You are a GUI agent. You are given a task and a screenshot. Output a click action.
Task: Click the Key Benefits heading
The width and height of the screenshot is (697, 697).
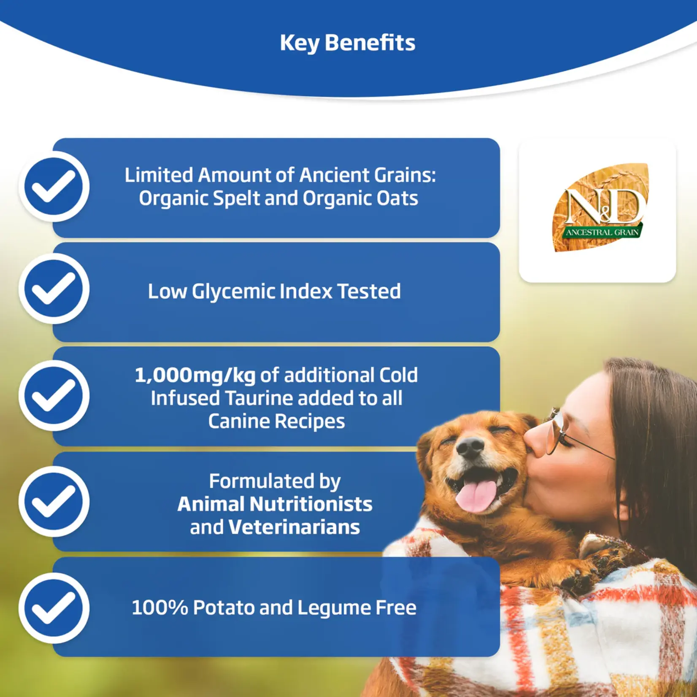tap(348, 43)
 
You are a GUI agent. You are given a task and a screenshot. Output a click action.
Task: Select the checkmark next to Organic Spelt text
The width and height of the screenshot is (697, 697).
tap(54, 186)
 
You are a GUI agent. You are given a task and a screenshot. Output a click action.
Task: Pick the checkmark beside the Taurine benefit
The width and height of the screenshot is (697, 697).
tap(54, 395)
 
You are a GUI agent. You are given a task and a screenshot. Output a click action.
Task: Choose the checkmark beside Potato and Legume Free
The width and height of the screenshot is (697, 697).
tap(54, 608)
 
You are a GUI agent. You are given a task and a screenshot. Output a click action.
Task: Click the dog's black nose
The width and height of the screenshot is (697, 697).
tap(470, 448)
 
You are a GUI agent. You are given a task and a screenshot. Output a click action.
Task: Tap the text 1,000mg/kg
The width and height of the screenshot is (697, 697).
tap(195, 376)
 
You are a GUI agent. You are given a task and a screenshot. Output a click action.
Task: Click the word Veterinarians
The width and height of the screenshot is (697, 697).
tap(294, 527)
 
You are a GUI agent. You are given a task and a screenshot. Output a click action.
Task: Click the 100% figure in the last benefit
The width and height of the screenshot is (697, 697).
tap(159, 608)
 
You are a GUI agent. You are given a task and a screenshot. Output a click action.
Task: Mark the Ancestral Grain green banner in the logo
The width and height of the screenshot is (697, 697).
tap(602, 232)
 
